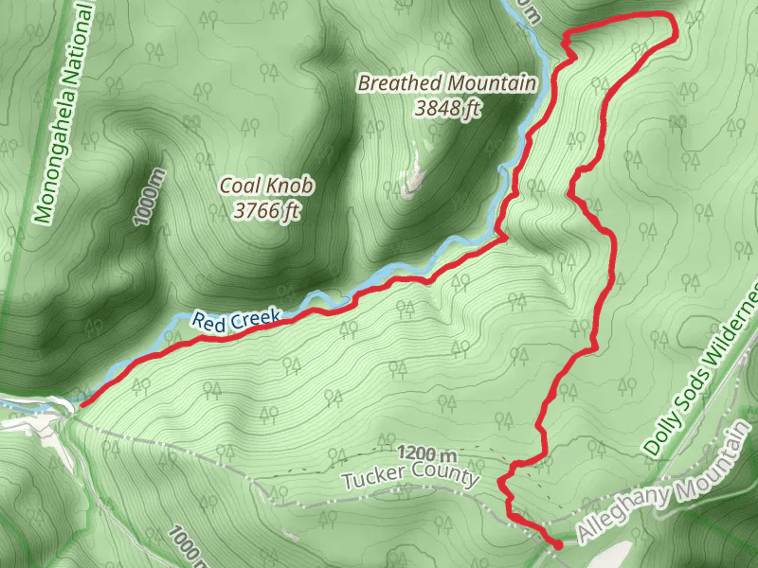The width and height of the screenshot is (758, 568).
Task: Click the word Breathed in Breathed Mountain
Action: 392,83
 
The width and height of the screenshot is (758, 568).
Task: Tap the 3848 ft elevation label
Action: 447,108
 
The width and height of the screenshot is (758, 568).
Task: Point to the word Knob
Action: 291,186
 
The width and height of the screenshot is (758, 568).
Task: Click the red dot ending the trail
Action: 557,544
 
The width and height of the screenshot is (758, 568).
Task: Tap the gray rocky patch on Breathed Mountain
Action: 411,180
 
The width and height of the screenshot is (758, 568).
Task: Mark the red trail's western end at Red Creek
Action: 81,405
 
